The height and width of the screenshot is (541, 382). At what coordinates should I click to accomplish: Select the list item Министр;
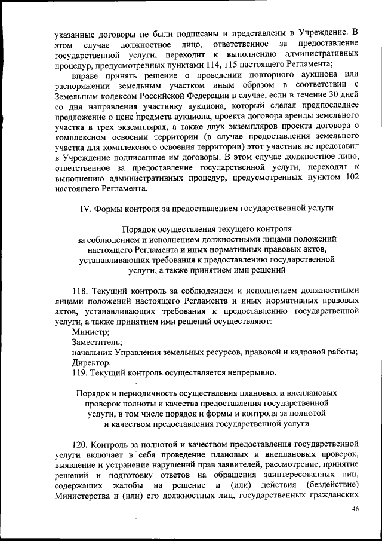90,331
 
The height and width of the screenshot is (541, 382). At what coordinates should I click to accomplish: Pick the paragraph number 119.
80,373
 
